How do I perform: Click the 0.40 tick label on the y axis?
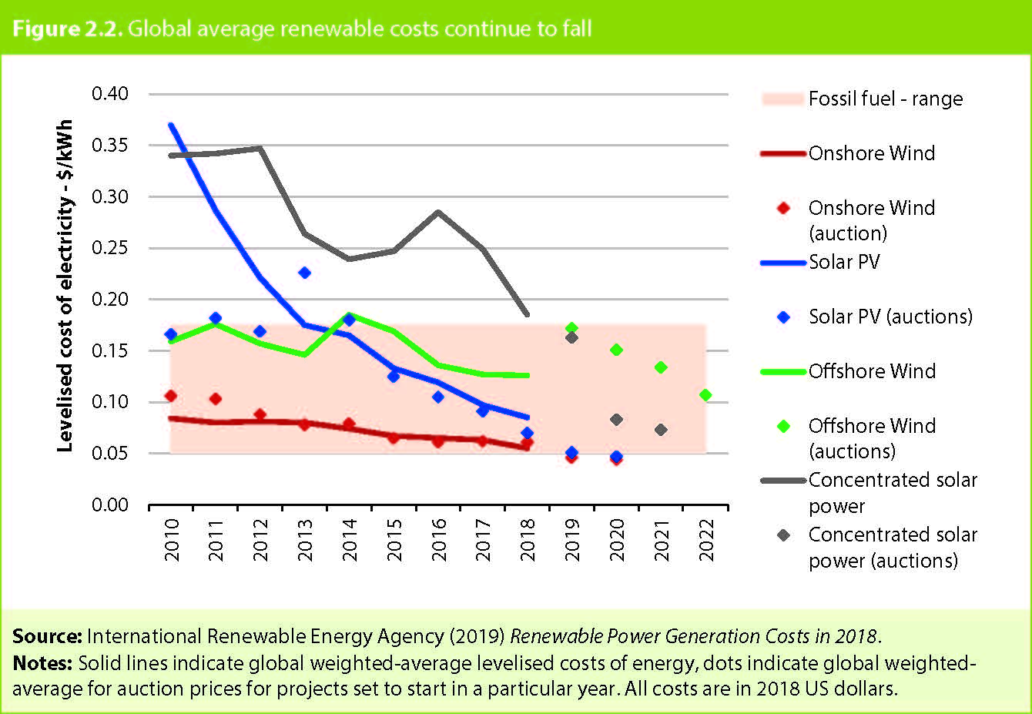(x=110, y=94)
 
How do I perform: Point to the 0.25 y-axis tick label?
(x=110, y=248)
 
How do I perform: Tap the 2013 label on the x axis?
(x=305, y=539)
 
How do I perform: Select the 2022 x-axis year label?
(x=706, y=539)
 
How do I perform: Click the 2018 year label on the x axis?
(x=528, y=539)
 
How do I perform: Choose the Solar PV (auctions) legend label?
(x=890, y=317)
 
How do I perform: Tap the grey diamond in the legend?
(x=784, y=535)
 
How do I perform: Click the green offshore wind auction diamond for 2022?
(x=705, y=395)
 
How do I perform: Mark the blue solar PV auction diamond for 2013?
(x=304, y=273)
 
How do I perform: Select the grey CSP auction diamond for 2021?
(x=661, y=430)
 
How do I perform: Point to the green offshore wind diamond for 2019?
(x=571, y=328)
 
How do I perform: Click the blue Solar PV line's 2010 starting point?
(x=170, y=125)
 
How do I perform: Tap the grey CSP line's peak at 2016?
(x=438, y=212)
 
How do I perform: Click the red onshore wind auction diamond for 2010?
(x=170, y=396)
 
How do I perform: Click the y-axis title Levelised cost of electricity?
(x=65, y=285)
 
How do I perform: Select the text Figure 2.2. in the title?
(x=67, y=29)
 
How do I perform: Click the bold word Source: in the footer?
(x=46, y=636)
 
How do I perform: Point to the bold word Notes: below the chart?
(x=42, y=663)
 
